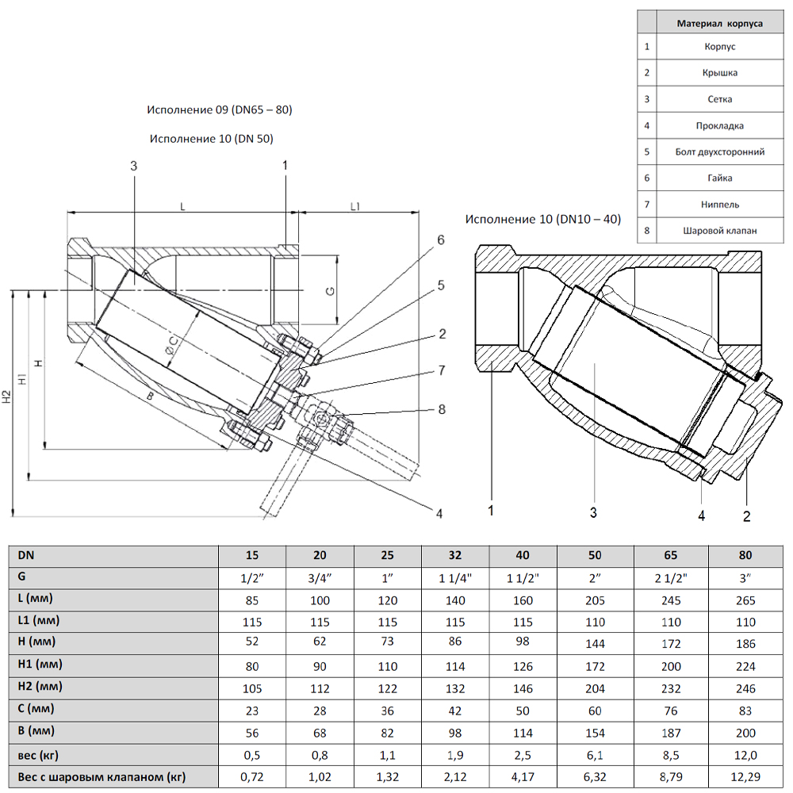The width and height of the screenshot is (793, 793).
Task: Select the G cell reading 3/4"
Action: click(x=320, y=578)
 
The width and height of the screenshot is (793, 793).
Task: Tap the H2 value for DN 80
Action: click(x=744, y=688)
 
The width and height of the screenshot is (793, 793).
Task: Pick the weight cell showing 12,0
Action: click(x=744, y=755)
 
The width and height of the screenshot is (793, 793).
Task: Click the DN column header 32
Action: click(x=455, y=555)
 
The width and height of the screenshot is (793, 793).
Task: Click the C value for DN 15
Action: click(x=252, y=711)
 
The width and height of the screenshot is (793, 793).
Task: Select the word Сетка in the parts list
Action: click(x=719, y=99)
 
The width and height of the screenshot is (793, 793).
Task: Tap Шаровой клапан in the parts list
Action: click(x=719, y=231)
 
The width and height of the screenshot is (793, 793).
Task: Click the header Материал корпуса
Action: click(x=719, y=24)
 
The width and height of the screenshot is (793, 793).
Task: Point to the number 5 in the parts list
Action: click(x=647, y=151)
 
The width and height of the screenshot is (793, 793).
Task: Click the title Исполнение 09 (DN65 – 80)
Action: click(x=220, y=109)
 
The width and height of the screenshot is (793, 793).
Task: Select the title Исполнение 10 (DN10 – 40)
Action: click(x=543, y=219)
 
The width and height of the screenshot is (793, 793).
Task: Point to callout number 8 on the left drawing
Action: click(x=442, y=409)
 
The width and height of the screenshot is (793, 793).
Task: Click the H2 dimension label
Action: click(x=6, y=396)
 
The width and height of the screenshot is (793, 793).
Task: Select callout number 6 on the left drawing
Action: click(x=441, y=239)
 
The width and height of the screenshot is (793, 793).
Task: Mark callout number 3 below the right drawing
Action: click(x=592, y=512)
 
